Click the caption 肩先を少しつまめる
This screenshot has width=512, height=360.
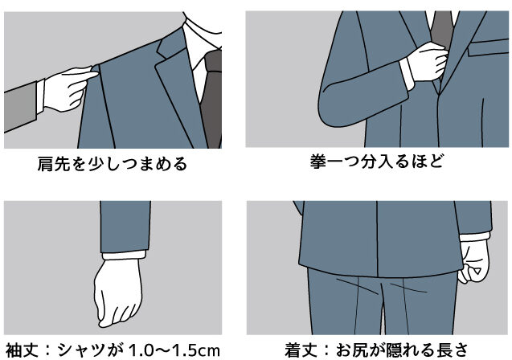pos(113,164)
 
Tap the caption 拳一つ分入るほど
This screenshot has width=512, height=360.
pos(377,162)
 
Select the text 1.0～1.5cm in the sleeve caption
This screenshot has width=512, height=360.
pos(174,351)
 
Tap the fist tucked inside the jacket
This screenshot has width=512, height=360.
pos(428,62)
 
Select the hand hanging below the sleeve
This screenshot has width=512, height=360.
pos(118,292)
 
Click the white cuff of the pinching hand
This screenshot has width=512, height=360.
pos(40,96)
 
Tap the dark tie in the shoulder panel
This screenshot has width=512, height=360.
pos(211,98)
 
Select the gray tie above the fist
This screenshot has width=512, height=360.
pos(442,30)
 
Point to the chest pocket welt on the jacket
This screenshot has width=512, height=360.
pos(488,47)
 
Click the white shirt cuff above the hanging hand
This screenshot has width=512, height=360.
pos(124,255)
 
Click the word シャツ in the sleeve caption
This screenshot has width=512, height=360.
pos(84,350)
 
